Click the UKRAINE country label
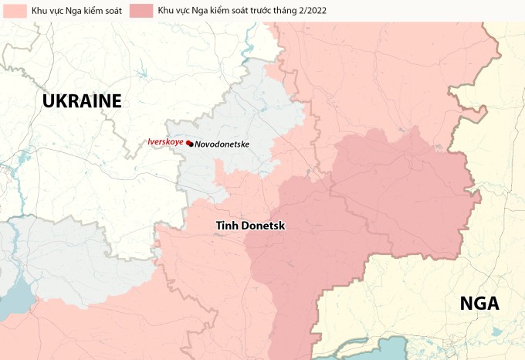(x=83, y=101)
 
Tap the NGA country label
(x=479, y=304)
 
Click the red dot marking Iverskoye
(x=188, y=142)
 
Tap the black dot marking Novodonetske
(x=191, y=144)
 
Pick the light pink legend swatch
(x=14, y=11)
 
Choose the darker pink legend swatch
(x=141, y=11)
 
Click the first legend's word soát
(x=110, y=11)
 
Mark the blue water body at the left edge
(x=11, y=305)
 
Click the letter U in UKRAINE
(x=49, y=101)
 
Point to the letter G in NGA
(x=479, y=304)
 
